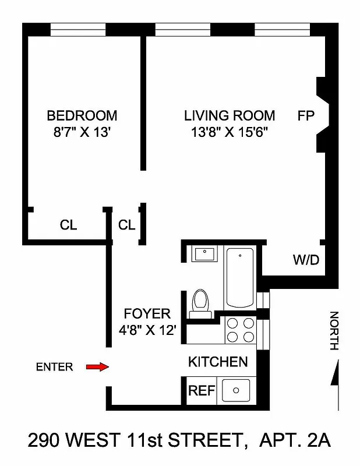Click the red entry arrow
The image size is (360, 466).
coord(97,366)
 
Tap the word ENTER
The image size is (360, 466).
coord(55,367)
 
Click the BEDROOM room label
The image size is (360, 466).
coord(82,115)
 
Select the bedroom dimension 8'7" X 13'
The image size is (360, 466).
coord(82,132)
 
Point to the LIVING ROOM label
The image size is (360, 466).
coord(230,115)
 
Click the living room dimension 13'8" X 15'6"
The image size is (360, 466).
coord(230,132)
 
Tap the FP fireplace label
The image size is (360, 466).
coord(306,115)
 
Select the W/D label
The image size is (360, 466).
coord(305,260)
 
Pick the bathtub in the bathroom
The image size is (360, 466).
coord(239,278)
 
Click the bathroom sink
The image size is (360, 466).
coord(203,255)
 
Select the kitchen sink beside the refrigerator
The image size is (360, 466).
coord(237,390)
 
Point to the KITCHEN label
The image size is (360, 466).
coord(218,362)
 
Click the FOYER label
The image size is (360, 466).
coord(151,314)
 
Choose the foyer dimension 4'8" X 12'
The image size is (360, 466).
coord(151,330)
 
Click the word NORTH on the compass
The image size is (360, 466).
coord(334,331)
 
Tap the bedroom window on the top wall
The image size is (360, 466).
coord(78,29)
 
